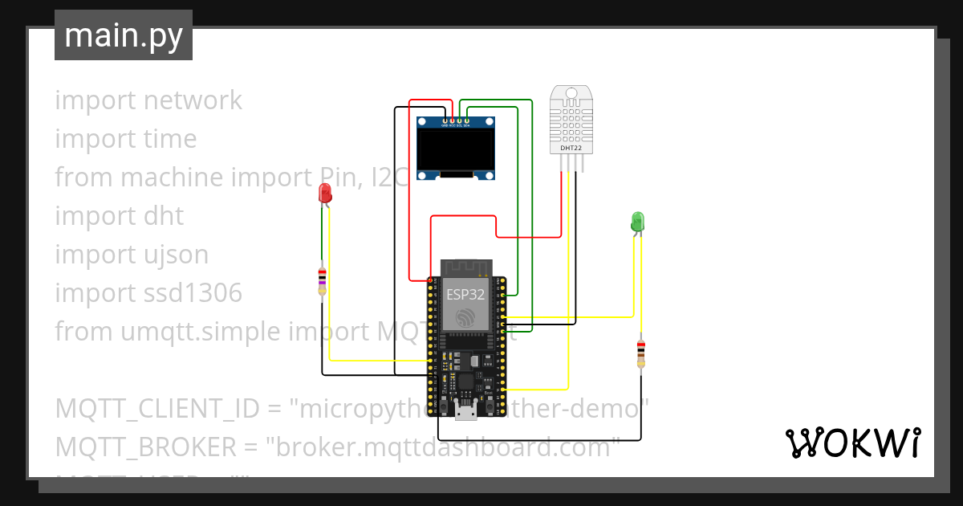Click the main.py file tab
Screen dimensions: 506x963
[x=123, y=35]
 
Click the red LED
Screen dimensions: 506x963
[x=325, y=193]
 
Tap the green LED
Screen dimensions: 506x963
[x=637, y=222]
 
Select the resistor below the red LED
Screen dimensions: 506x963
[x=322, y=280]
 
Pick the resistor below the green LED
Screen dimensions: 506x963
[x=640, y=353]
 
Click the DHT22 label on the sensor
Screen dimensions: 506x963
[x=571, y=148]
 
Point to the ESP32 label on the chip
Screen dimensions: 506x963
[x=465, y=294]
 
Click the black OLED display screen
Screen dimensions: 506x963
[x=455, y=150]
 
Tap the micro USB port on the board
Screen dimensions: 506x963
[x=465, y=413]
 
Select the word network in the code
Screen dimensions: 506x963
[x=193, y=100]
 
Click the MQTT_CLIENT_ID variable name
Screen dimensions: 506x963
[x=156, y=409]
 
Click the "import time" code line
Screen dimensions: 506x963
[x=126, y=139]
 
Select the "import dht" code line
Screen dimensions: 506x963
[x=120, y=216]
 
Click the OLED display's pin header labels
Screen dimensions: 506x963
[x=455, y=125]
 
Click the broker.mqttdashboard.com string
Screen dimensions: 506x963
[x=447, y=447]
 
